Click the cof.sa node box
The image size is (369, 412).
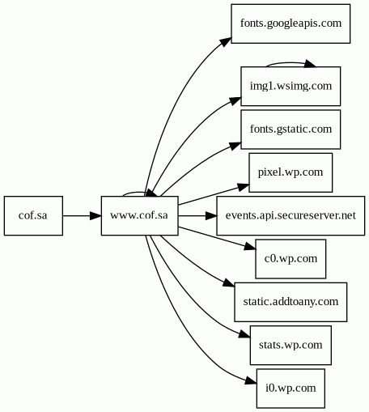(33, 215)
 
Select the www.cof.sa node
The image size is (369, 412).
(139, 215)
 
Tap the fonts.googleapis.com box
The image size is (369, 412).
(291, 23)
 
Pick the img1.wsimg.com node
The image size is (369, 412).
(291, 86)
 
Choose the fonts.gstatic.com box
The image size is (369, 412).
(291, 130)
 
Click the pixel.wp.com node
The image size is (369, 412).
(291, 172)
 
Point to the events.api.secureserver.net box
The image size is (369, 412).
(291, 215)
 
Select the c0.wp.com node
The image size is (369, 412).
(291, 259)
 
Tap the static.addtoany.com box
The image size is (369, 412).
(291, 302)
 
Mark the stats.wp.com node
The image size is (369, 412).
(291, 345)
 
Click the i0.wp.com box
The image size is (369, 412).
(291, 389)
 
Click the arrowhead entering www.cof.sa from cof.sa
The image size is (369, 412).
(95, 215)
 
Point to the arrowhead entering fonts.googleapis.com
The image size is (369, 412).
(226, 42)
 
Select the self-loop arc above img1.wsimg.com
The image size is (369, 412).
(290, 63)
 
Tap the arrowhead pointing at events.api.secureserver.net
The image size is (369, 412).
(211, 215)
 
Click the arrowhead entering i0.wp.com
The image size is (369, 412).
(251, 381)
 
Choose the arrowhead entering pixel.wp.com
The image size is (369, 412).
(244, 187)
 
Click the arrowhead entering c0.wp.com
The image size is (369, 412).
(249, 246)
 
